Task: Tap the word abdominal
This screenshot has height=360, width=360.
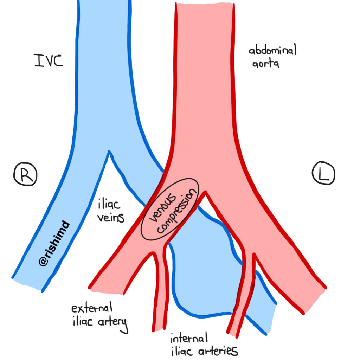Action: click(x=273, y=51)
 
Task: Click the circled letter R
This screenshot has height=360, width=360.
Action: click(x=25, y=174)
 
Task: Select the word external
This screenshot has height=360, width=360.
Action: click(x=92, y=309)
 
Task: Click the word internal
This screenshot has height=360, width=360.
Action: click(x=189, y=339)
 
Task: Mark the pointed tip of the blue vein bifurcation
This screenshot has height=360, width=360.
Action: click(x=110, y=152)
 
